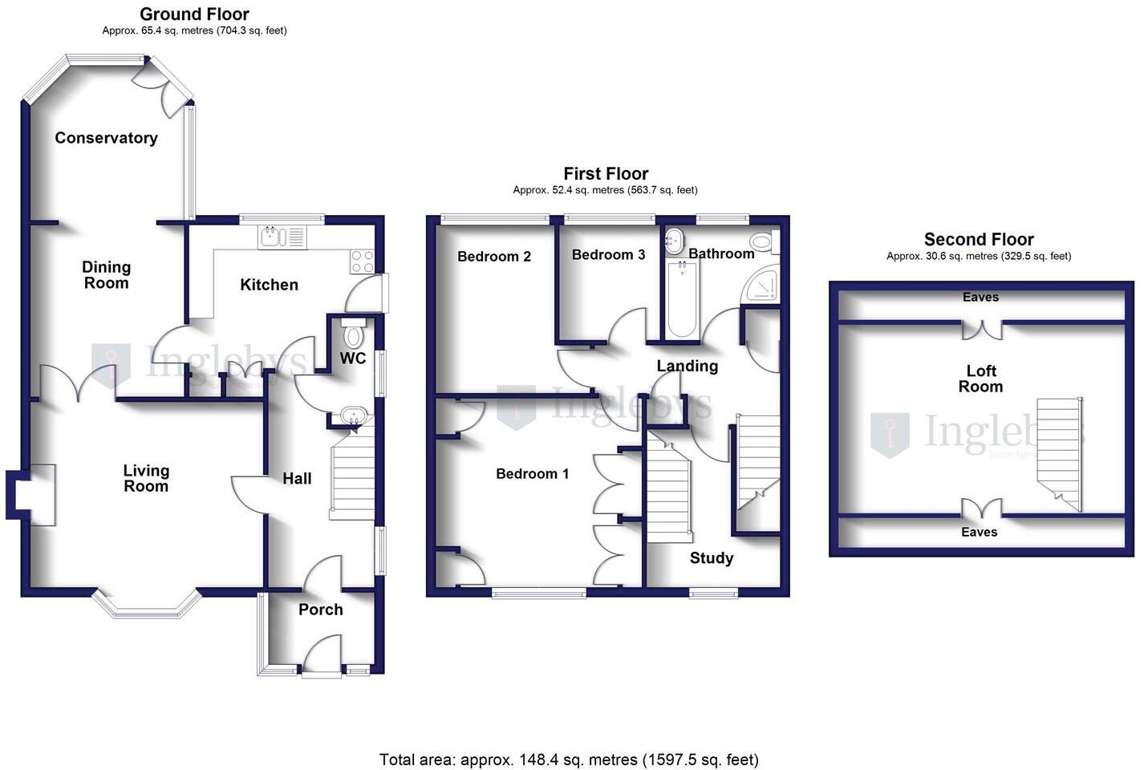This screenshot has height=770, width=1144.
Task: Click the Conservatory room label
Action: click(x=106, y=138)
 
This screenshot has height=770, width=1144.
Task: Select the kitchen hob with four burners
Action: click(x=363, y=261)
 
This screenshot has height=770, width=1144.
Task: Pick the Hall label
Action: click(x=297, y=479)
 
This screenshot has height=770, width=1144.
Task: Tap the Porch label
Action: click(x=321, y=610)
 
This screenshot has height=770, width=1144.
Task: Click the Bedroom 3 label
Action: click(x=608, y=255)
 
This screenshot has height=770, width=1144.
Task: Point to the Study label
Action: click(x=712, y=558)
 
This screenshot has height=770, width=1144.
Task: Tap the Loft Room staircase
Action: click(x=1059, y=449)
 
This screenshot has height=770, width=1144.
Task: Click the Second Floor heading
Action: click(x=979, y=239)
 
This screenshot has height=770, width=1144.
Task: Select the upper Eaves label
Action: click(x=980, y=298)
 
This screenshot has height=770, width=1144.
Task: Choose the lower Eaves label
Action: click(x=979, y=533)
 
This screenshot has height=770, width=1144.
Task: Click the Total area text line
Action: click(x=569, y=759)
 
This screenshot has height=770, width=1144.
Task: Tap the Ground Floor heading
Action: click(x=194, y=14)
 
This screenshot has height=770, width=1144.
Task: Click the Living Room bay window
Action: click(x=145, y=606)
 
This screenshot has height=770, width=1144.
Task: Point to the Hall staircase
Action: click(x=352, y=477)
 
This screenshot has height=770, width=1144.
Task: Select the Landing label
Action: click(x=687, y=367)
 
